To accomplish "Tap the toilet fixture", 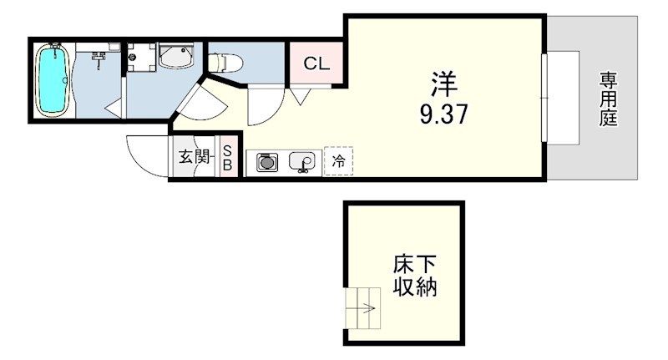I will (224, 61).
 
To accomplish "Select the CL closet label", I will (316, 63).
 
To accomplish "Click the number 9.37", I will (443, 113).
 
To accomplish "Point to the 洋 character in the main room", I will (443, 84).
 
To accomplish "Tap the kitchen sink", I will (301, 160).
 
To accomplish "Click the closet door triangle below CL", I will (299, 97).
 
